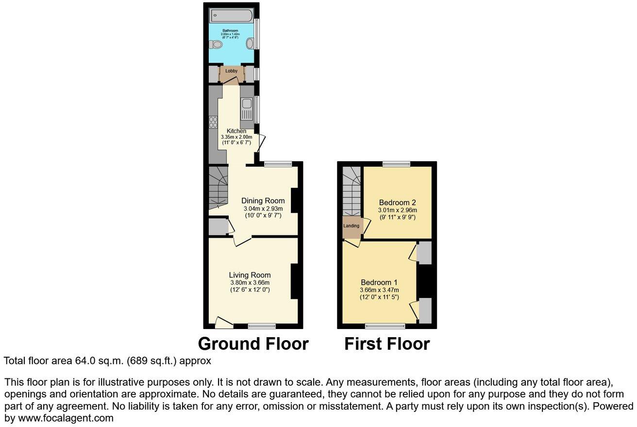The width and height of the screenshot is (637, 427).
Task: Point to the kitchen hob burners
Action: [x=213, y=122]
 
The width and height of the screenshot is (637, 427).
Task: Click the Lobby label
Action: [x=231, y=71]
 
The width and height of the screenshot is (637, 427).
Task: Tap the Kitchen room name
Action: [x=236, y=131]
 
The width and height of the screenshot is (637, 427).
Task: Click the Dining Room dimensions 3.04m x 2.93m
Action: [x=263, y=209]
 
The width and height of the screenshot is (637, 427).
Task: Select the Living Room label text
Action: [x=250, y=275]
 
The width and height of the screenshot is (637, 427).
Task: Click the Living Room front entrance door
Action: [x=223, y=322]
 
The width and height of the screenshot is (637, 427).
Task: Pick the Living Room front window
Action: [x=262, y=326]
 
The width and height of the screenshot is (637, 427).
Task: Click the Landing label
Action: [x=352, y=226]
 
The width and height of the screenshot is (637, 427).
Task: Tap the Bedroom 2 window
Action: [x=396, y=164]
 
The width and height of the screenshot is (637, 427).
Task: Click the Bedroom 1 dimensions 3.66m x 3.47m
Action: [x=379, y=290]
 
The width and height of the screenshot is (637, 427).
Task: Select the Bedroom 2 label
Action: [x=397, y=202]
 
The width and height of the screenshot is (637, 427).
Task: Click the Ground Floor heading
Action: [x=253, y=344]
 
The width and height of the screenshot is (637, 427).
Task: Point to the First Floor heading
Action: [x=387, y=344]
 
